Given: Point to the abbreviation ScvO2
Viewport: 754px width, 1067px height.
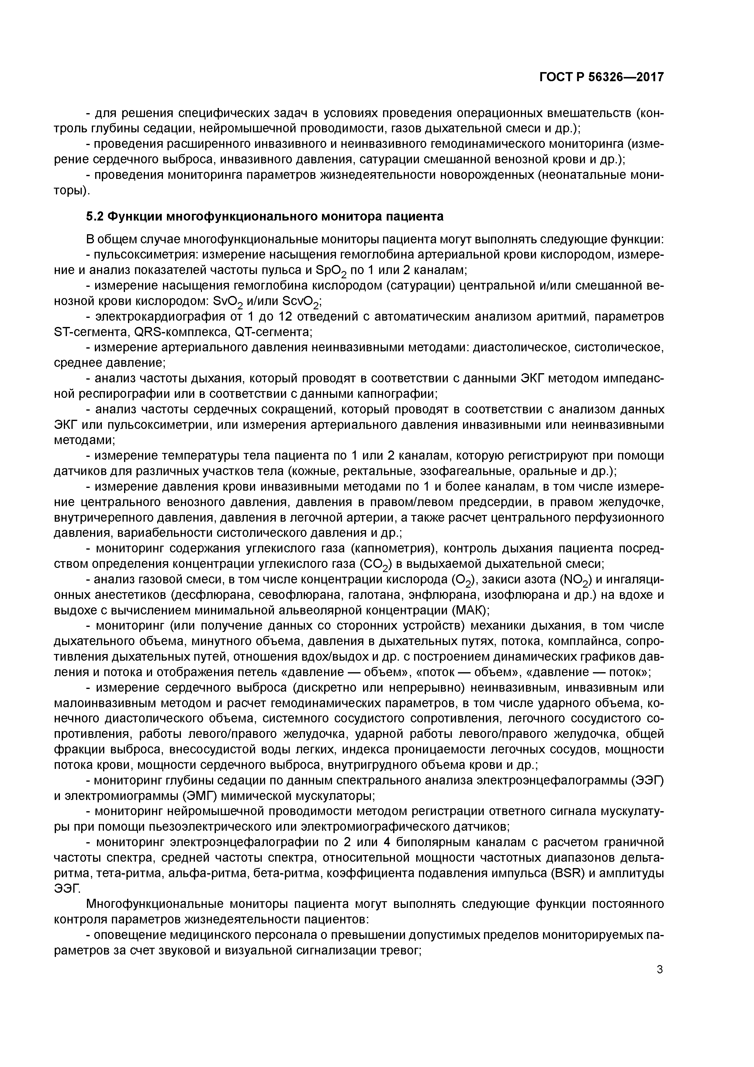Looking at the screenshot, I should pos(301,302).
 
